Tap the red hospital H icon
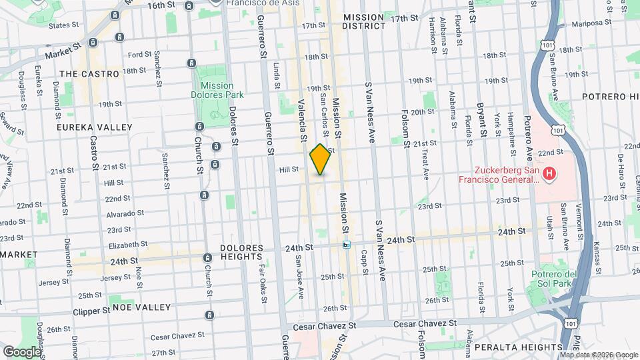tap(549, 175)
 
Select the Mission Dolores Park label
tap(217, 90)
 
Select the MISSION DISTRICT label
tap(363, 21)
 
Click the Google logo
tap(22, 351)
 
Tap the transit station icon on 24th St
tap(347, 245)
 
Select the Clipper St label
tap(91, 311)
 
